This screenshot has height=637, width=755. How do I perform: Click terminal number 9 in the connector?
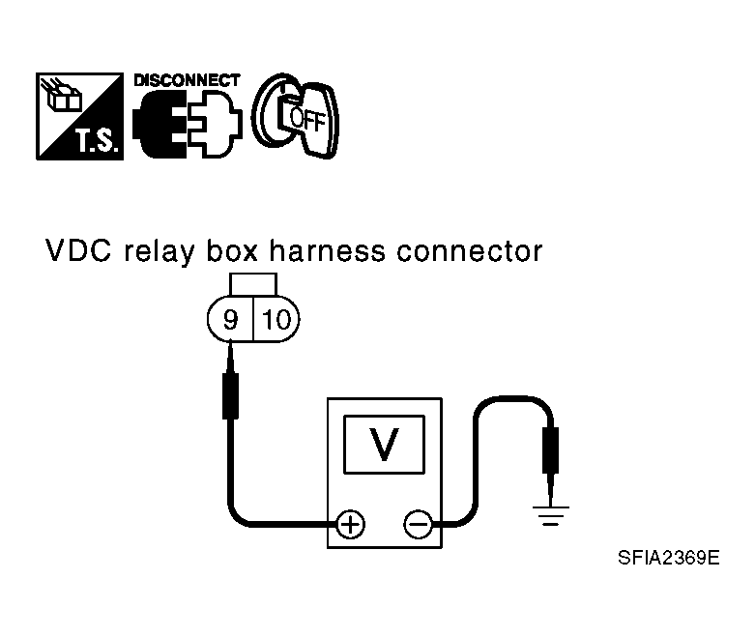[x=231, y=319]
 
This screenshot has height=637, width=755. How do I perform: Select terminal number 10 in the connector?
[x=276, y=319]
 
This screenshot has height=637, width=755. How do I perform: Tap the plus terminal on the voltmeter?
[x=350, y=524]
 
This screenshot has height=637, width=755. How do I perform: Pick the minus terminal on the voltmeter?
[x=418, y=524]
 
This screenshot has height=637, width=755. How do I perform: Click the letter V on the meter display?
[x=384, y=445]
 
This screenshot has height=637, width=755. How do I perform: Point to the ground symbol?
[x=550, y=515]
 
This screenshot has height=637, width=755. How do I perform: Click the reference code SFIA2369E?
[x=669, y=558]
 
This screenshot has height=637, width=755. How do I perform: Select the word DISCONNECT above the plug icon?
[x=187, y=80]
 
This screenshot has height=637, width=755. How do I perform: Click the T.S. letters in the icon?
[x=97, y=140]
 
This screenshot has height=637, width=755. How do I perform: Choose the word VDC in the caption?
[x=78, y=251]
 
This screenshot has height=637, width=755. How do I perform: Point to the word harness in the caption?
[x=327, y=251]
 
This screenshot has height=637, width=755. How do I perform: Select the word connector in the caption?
[x=470, y=252]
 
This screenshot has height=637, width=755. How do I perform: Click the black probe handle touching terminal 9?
[x=231, y=395]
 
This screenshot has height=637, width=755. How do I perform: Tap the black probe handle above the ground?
[x=550, y=450]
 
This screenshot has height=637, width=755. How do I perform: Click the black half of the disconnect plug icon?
[x=160, y=125]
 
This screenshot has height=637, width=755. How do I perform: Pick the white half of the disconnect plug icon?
[x=216, y=125]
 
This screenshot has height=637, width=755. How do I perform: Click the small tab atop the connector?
[x=253, y=284]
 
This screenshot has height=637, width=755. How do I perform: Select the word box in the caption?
[x=232, y=251]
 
